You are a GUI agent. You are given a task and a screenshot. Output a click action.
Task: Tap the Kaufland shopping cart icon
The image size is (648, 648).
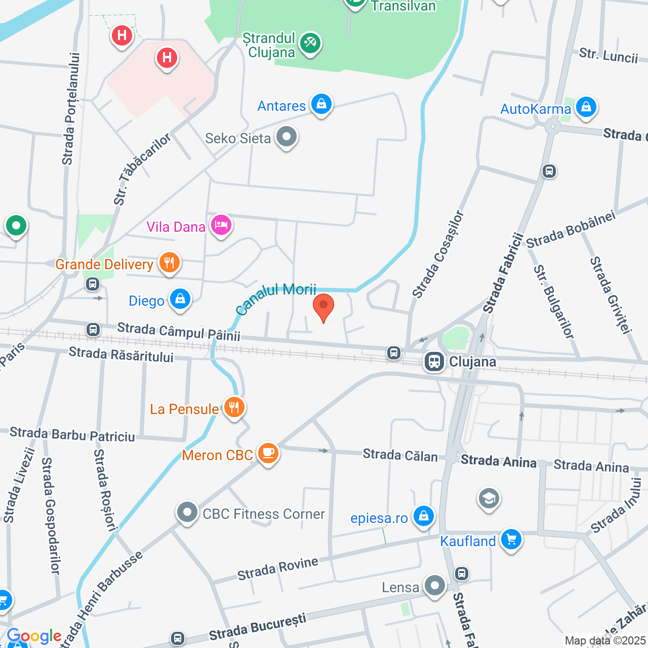pos(511,540)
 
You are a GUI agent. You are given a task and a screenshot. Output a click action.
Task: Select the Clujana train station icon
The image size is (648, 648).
pos(434,361)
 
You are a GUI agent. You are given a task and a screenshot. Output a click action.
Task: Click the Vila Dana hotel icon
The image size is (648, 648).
pos(221,225)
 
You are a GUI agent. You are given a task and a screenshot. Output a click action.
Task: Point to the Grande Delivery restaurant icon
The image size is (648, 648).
pos(169,263)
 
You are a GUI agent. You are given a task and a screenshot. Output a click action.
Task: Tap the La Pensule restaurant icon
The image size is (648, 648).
pos(233,407)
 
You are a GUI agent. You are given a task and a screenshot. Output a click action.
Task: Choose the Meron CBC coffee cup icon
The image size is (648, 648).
pos(268,453)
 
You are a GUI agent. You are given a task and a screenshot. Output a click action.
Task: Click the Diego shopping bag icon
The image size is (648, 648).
pos(180,299)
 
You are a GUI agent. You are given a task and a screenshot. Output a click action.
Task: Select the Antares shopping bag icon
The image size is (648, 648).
pos(321,104)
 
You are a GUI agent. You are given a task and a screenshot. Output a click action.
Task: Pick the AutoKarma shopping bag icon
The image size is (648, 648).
pos(586,107)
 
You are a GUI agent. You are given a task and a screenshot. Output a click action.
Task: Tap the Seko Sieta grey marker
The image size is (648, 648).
pos(287,137)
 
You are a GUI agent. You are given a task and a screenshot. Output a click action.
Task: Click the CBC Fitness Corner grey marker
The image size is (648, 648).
pos(187,512)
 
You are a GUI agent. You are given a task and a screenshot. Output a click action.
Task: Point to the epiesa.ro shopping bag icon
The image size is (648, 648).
pos(423,516)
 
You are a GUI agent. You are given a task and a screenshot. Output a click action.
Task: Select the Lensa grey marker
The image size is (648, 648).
pos(434,586)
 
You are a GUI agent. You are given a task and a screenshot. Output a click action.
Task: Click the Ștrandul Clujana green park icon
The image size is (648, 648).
pos(310,44)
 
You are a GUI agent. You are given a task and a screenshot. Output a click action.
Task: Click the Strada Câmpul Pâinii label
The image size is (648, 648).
pos(179,331)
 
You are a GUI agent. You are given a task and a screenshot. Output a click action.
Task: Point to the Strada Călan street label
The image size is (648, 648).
pos(400,455)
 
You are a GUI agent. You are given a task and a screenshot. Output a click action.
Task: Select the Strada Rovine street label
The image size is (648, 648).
pos(278,569)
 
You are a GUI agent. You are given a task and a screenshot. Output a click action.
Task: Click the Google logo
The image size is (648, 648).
pos(34,636)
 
